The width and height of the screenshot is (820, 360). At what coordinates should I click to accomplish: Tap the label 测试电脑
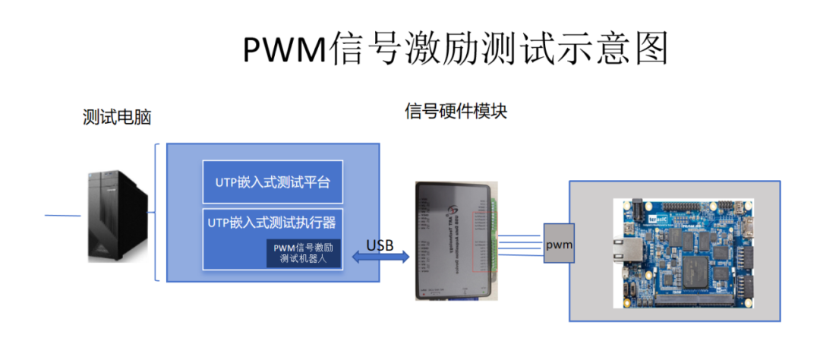coord(117,118)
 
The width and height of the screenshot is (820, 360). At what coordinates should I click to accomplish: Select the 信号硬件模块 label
coord(456,112)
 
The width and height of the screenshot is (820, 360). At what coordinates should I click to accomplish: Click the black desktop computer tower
coord(115,216)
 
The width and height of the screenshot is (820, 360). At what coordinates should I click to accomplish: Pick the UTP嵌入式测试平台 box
coord(273,182)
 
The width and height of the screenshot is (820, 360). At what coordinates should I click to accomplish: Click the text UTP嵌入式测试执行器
coord(272,223)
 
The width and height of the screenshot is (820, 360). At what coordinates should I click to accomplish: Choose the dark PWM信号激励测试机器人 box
coord(303,253)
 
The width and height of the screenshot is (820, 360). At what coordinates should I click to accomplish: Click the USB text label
coord(380,245)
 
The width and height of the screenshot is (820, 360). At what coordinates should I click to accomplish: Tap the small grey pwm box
coord(558,244)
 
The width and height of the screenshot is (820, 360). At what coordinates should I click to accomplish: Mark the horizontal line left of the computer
coord(62,216)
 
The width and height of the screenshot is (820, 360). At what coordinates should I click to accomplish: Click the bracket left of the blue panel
coord(157,212)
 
